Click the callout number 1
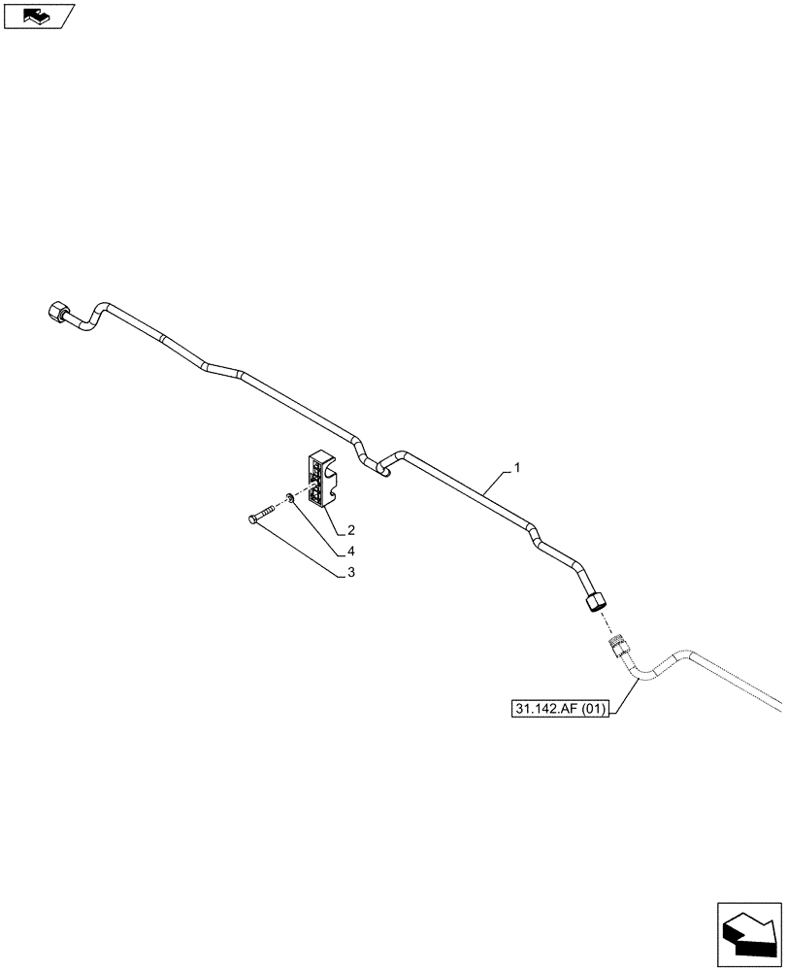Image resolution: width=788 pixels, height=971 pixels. [x=517, y=469]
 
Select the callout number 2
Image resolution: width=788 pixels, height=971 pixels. [x=351, y=530]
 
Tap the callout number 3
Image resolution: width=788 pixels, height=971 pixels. [x=351, y=573]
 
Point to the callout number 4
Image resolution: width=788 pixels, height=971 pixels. [x=351, y=552]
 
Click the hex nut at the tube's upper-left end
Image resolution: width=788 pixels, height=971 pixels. [x=57, y=313]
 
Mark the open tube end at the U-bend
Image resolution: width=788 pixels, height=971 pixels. [x=383, y=473]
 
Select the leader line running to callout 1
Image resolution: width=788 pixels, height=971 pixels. [x=496, y=480]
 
